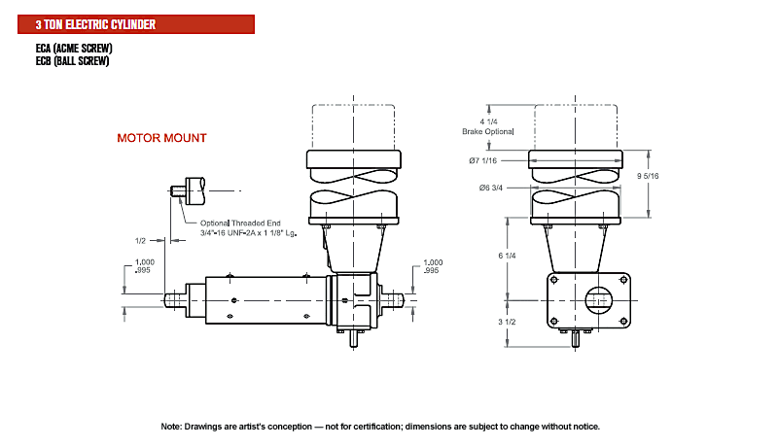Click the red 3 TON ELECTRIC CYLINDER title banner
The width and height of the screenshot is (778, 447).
136,24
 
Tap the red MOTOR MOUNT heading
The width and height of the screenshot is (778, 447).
161,138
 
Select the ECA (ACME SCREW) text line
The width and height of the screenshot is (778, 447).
74,48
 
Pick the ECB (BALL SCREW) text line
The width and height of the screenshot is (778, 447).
72,61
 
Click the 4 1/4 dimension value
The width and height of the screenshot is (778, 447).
489,121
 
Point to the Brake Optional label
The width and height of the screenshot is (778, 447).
488,131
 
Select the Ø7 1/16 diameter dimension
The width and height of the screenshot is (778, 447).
482,160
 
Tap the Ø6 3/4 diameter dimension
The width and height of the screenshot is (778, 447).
491,188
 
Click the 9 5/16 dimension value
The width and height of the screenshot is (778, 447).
648,176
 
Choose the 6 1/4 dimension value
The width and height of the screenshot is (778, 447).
507,256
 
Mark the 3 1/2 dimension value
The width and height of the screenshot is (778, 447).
507,322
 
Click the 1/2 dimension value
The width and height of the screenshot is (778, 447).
140,241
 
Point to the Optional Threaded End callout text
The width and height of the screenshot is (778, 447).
240,223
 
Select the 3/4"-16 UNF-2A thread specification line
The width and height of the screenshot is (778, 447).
249,233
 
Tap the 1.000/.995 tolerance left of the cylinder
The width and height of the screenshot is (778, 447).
145,266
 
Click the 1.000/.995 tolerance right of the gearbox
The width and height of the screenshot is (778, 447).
433,266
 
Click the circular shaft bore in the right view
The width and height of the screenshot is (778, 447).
598,300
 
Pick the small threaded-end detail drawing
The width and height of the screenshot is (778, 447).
188,190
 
